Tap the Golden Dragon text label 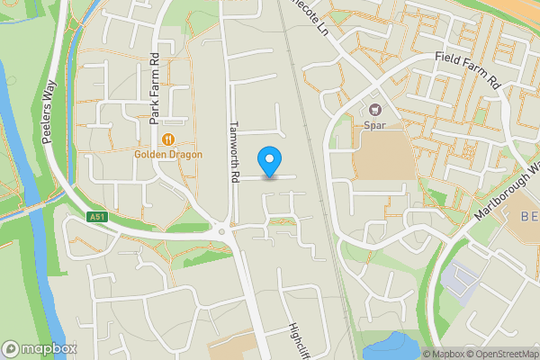(x=168, y=154)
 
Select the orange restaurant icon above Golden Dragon (x=168, y=139)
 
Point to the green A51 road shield (x=98, y=217)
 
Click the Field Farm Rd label (x=467, y=68)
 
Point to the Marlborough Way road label (x=509, y=193)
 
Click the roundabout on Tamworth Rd (x=221, y=232)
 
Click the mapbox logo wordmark (x=40, y=348)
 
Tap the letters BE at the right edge (x=530, y=217)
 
